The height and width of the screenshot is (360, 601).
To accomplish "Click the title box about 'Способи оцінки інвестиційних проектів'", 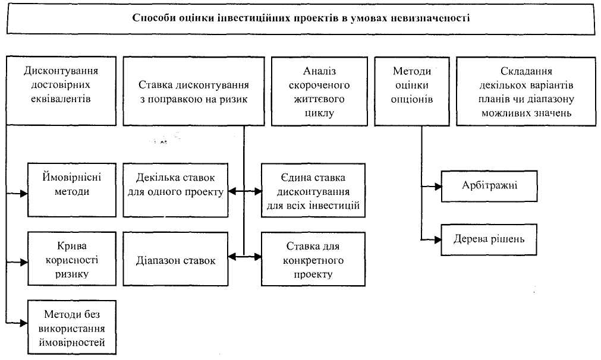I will (x=300, y=18).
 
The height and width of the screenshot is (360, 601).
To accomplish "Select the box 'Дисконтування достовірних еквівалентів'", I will (x=61, y=91).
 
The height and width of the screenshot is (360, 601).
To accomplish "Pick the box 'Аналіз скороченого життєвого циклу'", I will (x=319, y=91).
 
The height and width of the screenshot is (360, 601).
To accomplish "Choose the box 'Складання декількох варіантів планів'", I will (x=526, y=91).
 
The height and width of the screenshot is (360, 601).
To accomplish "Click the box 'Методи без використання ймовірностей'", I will (x=73, y=327).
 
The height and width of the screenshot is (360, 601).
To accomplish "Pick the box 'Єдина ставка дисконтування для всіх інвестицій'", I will (x=313, y=191).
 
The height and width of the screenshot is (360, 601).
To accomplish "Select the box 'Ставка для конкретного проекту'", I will (x=313, y=259).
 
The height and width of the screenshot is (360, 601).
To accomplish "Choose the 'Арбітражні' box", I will (x=489, y=185).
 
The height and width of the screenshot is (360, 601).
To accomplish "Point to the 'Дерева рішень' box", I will (x=489, y=239).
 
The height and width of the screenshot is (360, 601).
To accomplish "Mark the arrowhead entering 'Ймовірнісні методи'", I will (x=25, y=193).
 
